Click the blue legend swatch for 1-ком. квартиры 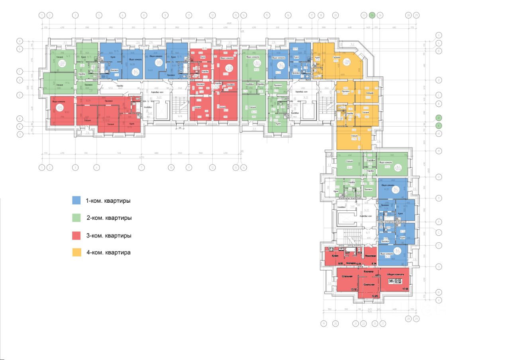coord(76,200)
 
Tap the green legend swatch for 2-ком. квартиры coord(76,217)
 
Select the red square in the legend coord(76,235)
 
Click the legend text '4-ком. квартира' coord(108,252)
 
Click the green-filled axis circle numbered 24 coord(372,15)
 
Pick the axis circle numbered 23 coord(364,15)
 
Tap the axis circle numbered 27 coord(383,323)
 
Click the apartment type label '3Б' coord(391,281)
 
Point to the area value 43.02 coord(399,280)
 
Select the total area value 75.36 coord(399,283)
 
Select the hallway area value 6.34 coord(374,264)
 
